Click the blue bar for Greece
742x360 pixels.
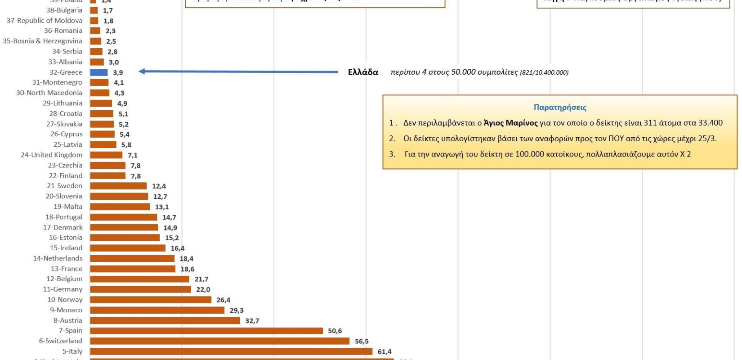pos(99,72)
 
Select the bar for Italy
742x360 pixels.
pos(231,351)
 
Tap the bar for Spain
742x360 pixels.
pos(206,331)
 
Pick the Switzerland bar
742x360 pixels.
pos(219,341)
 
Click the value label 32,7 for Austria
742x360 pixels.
pos(252,321)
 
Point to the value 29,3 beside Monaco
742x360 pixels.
pos(237,310)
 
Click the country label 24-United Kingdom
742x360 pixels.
pos(52,155)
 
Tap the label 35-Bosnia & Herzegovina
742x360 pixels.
pos(43,41)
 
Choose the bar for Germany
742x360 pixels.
pos(140,289)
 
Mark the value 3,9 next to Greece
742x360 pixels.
pos(118,72)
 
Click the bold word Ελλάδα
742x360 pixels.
pos(363,72)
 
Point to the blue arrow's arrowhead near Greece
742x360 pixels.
pos(142,71)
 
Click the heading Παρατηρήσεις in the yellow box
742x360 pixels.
pos(560,107)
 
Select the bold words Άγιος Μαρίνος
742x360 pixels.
pos(510,123)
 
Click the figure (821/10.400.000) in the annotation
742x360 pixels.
pos(544,72)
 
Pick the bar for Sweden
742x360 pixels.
pos(118,186)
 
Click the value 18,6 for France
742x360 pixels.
pos(188,269)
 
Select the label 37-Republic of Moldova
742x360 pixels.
pos(45,21)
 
